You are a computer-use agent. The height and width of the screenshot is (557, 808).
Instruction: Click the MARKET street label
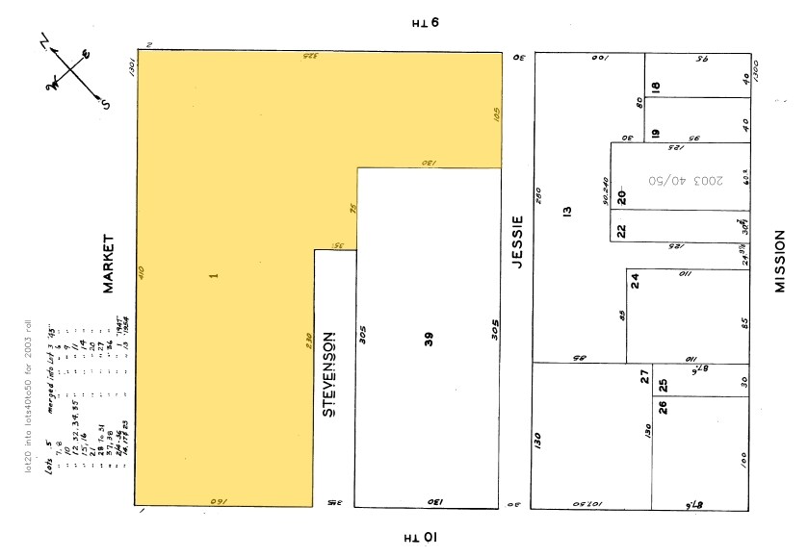click(108, 263)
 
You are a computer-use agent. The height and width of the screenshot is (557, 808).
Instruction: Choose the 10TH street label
click(420, 536)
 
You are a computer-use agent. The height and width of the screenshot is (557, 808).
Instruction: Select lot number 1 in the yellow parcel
click(215, 276)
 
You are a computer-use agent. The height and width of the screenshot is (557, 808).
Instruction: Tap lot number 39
click(429, 339)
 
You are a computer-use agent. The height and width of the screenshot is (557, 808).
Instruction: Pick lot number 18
click(656, 88)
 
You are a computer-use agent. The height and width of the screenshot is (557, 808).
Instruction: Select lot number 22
click(621, 230)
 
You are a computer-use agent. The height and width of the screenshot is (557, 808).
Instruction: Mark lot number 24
click(635, 280)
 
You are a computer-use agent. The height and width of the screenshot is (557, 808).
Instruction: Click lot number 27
click(645, 377)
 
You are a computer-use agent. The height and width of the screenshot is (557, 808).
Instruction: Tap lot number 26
click(662, 406)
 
